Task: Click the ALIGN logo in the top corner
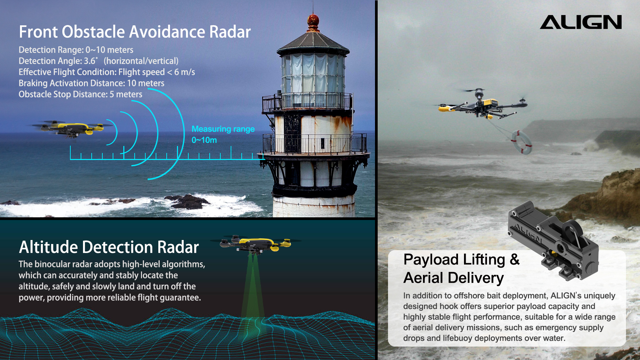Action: (x=581, y=22)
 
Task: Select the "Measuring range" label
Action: (x=223, y=129)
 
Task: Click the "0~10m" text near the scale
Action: (x=204, y=140)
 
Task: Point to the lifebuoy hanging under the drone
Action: (x=522, y=142)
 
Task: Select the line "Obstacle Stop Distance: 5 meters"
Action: (x=80, y=94)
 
